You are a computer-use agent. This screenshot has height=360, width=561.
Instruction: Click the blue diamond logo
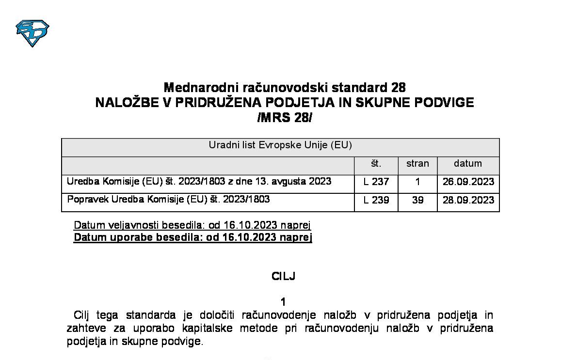click(32, 33)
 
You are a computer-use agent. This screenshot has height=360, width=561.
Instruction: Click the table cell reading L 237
click(376, 182)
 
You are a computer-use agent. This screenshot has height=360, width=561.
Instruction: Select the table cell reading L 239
click(376, 200)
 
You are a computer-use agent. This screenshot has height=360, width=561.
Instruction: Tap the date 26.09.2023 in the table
click(468, 182)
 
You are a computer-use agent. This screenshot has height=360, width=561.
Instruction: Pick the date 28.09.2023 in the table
click(468, 200)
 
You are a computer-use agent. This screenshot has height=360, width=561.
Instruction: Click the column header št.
click(376, 163)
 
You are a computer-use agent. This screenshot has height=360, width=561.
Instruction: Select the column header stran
click(417, 163)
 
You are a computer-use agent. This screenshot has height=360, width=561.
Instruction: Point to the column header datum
click(468, 163)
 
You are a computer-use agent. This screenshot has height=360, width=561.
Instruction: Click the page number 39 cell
click(417, 200)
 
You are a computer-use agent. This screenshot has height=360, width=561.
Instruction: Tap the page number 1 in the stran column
click(417, 182)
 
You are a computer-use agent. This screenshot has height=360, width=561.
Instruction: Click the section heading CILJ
click(284, 277)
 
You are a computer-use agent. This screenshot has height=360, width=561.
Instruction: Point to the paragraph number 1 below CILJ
click(284, 302)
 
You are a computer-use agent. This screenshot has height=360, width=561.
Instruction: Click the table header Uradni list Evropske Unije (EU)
click(280, 145)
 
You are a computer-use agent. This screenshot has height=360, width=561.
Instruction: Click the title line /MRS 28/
click(285, 118)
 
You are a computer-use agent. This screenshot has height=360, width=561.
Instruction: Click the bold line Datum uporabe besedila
click(192, 237)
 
